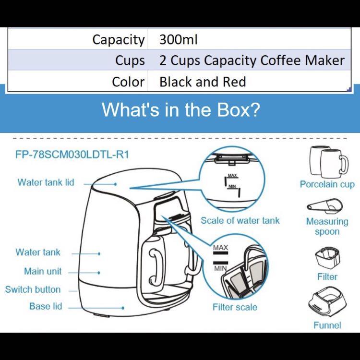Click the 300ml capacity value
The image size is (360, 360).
click(x=179, y=39)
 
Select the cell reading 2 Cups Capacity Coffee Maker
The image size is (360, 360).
click(x=252, y=60)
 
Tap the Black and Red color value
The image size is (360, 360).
click(x=203, y=82)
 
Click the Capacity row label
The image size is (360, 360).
click(x=118, y=39)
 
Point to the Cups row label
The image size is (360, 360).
click(x=130, y=60)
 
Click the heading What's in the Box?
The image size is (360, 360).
click(x=180, y=110)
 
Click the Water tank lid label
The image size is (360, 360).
click(x=46, y=182)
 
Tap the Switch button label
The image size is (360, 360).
click(x=33, y=289)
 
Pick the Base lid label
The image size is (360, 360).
click(x=46, y=306)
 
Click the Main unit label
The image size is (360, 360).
click(x=43, y=271)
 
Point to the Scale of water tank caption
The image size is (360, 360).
click(x=240, y=221)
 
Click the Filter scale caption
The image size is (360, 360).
click(x=235, y=307)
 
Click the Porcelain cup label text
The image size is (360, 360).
click(x=327, y=184)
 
